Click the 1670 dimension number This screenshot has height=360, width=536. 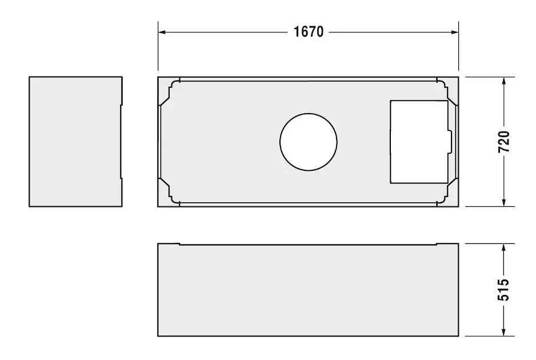coord(309,32)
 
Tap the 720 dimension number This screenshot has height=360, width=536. coord(504,142)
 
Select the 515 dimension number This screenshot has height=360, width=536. coord(503,290)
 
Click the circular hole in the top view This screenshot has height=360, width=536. coord(309,142)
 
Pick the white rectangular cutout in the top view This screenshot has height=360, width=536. coord(419,142)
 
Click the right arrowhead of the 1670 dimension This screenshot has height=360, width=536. coord(455,32)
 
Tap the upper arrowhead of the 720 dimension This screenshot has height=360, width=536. coord(503,81)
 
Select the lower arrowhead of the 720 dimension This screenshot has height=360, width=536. coord(503,202)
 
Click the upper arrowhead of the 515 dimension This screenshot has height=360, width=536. coord(503,248)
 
